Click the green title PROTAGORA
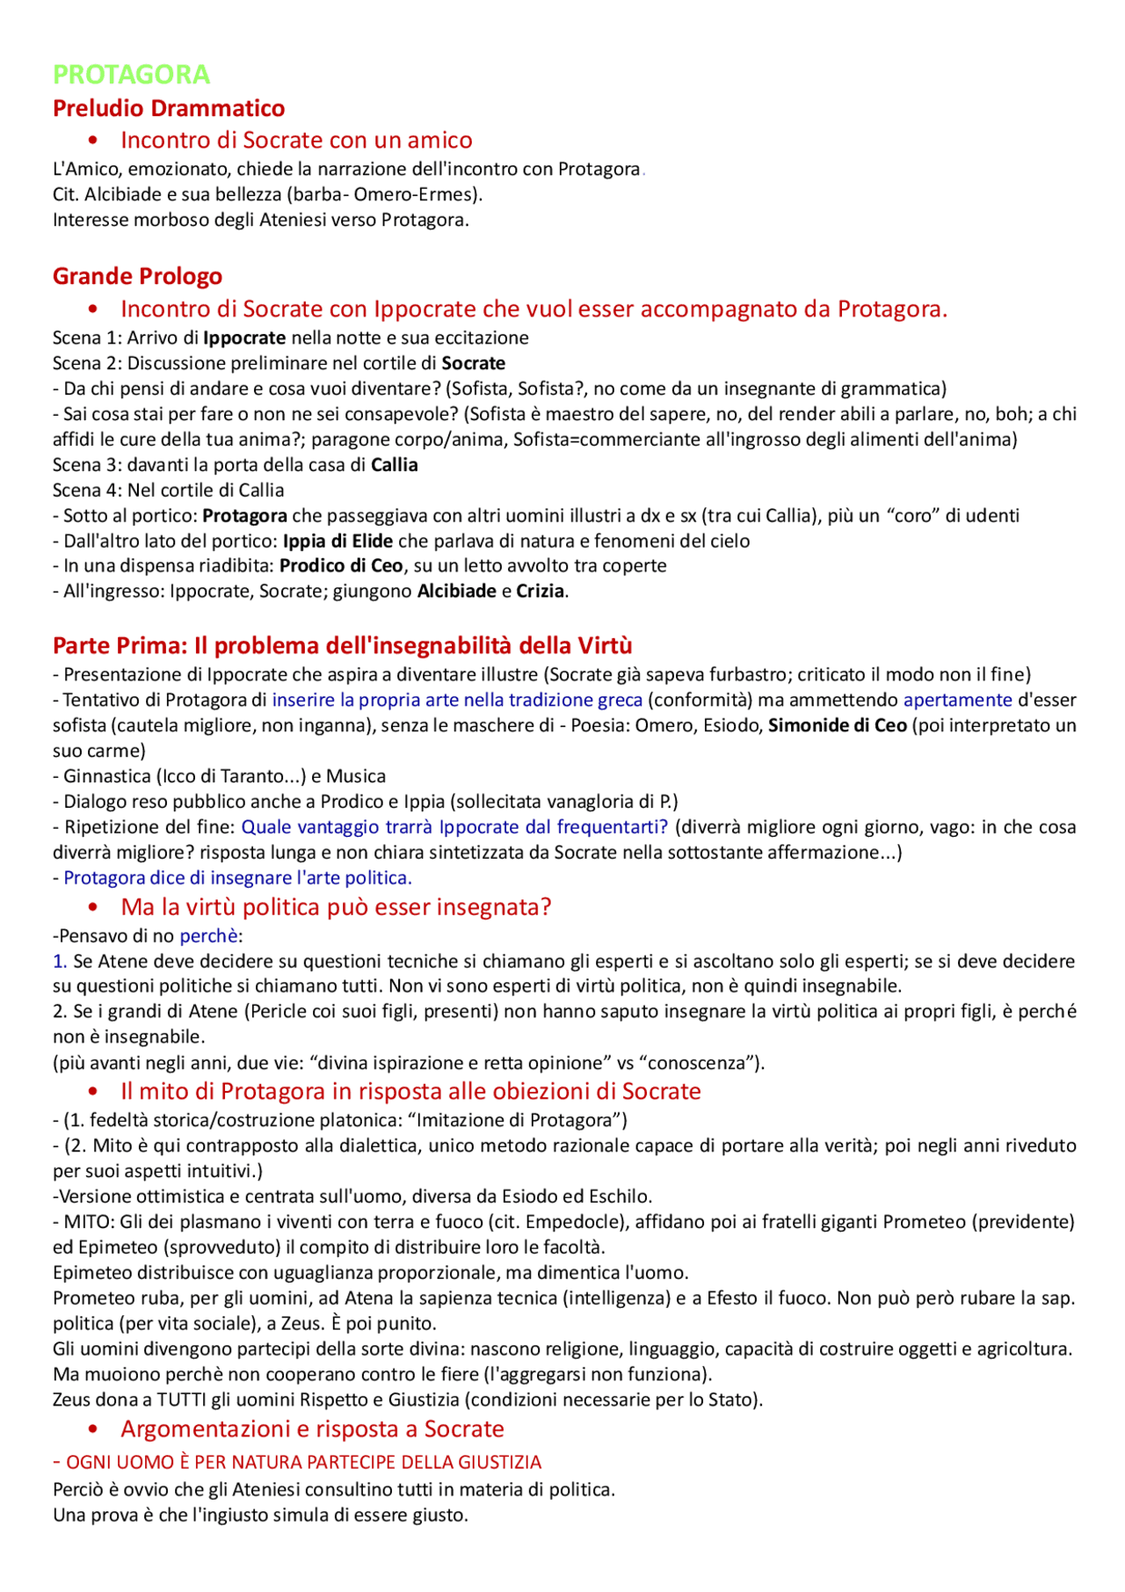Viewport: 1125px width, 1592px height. (x=131, y=75)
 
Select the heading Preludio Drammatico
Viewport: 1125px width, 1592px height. (x=169, y=108)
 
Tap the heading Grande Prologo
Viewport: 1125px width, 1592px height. (x=137, y=276)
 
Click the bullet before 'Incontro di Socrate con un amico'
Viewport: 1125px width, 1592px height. (x=93, y=141)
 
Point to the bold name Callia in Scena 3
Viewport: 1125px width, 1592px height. (x=394, y=465)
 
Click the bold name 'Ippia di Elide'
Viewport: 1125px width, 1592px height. (x=337, y=542)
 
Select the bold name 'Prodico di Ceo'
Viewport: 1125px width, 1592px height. (x=341, y=566)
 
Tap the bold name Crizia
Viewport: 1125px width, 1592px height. (x=540, y=592)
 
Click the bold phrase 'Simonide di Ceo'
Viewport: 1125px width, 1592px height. (x=837, y=726)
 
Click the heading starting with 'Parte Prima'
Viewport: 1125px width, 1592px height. (x=342, y=646)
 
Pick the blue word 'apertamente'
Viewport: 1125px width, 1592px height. (x=957, y=701)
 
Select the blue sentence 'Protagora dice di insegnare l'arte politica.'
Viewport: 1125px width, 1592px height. (x=237, y=878)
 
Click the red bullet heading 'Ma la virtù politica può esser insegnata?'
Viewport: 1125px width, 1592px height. (x=336, y=907)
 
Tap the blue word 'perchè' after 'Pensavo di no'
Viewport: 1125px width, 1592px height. (x=209, y=936)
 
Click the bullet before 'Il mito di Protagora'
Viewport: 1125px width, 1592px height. (x=93, y=1092)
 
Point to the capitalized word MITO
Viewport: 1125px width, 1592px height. (x=87, y=1223)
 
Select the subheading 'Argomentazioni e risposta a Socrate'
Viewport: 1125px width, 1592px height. (x=312, y=1429)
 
